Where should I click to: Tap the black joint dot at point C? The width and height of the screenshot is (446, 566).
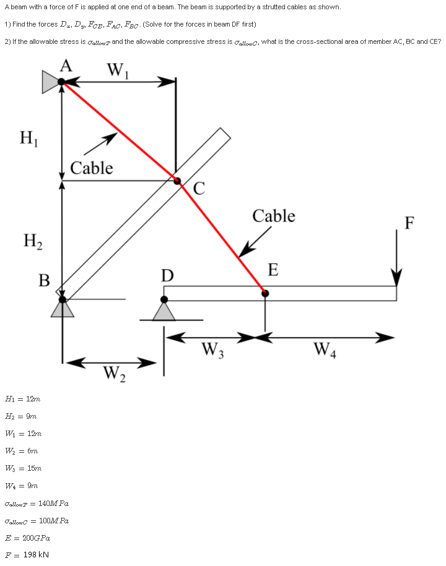pyautogui.click(x=177, y=181)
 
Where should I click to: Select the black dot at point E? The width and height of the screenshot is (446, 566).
pyautogui.click(x=265, y=293)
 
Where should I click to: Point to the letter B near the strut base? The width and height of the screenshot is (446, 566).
pyautogui.click(x=44, y=280)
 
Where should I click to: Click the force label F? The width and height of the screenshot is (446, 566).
pyautogui.click(x=409, y=223)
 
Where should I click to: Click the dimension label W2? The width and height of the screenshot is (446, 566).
pyautogui.click(x=113, y=374)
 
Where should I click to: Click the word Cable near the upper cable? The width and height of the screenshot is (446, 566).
pyautogui.click(x=92, y=168)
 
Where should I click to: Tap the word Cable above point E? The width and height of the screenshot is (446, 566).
pyautogui.click(x=273, y=216)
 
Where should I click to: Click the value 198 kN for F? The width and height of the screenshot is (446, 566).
pyautogui.click(x=35, y=554)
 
